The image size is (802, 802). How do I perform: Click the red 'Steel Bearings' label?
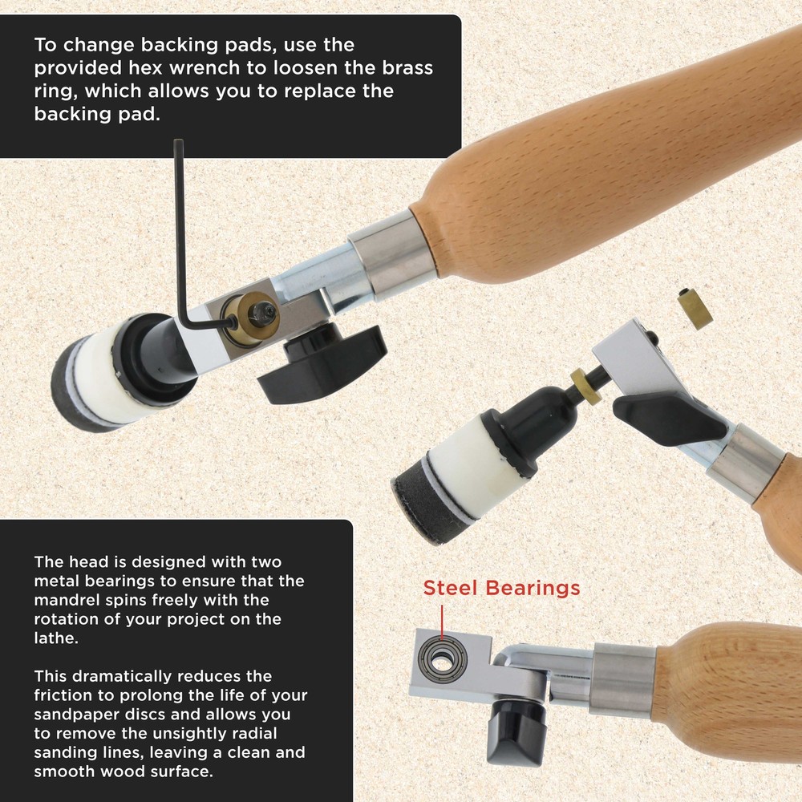(501, 588)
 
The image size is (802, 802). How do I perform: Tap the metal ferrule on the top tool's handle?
(391, 254)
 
